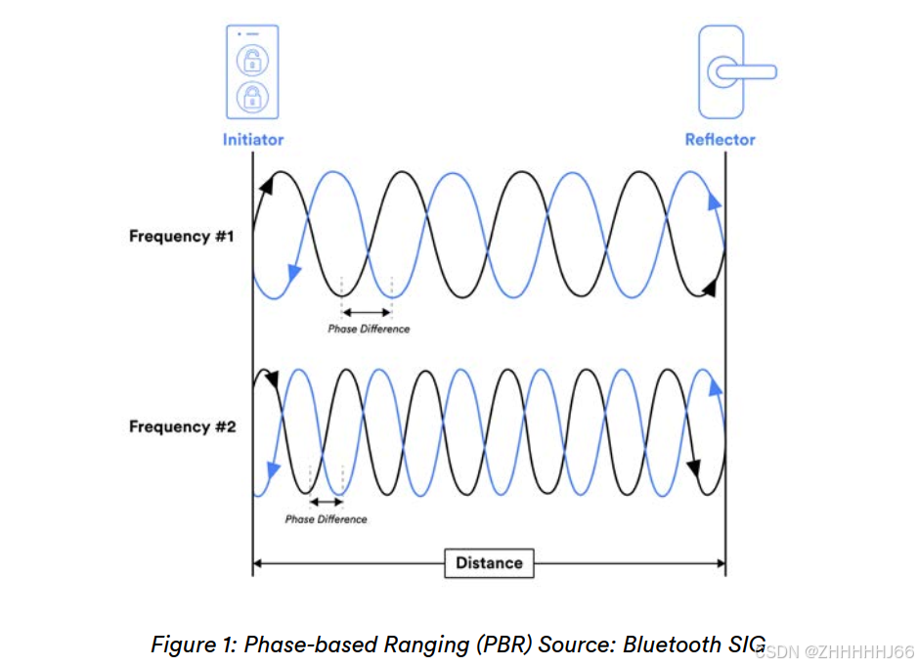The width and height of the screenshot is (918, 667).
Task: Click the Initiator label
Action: [x=252, y=139]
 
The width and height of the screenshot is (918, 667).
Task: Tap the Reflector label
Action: [x=720, y=139]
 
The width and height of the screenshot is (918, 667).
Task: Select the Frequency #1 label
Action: [x=182, y=236]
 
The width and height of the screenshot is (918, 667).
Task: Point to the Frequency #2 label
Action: [x=182, y=426]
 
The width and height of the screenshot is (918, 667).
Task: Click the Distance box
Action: [x=489, y=562]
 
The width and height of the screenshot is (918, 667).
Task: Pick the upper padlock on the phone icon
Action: [x=252, y=59]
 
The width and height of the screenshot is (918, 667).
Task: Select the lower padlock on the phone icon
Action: [x=252, y=96]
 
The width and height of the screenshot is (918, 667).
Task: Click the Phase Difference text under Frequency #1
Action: [x=369, y=329]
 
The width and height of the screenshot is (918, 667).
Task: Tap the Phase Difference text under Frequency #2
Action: [x=326, y=518]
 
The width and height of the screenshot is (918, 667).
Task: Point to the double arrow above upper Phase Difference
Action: [x=367, y=312]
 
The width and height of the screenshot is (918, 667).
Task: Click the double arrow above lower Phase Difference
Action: [x=326, y=501]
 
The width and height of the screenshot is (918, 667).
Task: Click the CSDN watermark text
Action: [x=836, y=651]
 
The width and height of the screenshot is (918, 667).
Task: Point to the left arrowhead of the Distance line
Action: [x=258, y=562]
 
